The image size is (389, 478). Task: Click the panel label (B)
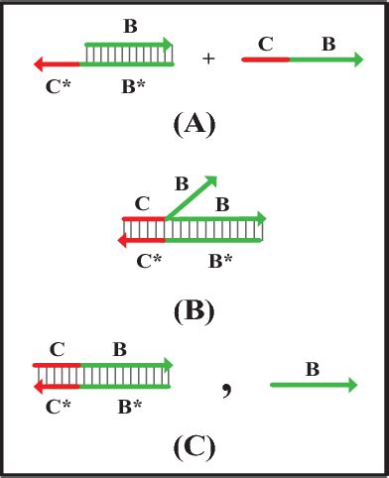point(194,310)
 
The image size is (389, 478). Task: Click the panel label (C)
point(194,447)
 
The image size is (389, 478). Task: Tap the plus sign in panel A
point(208,60)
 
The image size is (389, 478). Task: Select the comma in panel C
point(227,389)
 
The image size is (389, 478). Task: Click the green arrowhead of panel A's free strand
point(355,60)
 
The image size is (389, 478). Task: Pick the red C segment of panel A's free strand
point(265,60)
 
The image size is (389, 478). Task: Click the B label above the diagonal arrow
point(181,182)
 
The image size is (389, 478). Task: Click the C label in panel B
point(141,203)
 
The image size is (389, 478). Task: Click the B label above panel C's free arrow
point(312,369)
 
